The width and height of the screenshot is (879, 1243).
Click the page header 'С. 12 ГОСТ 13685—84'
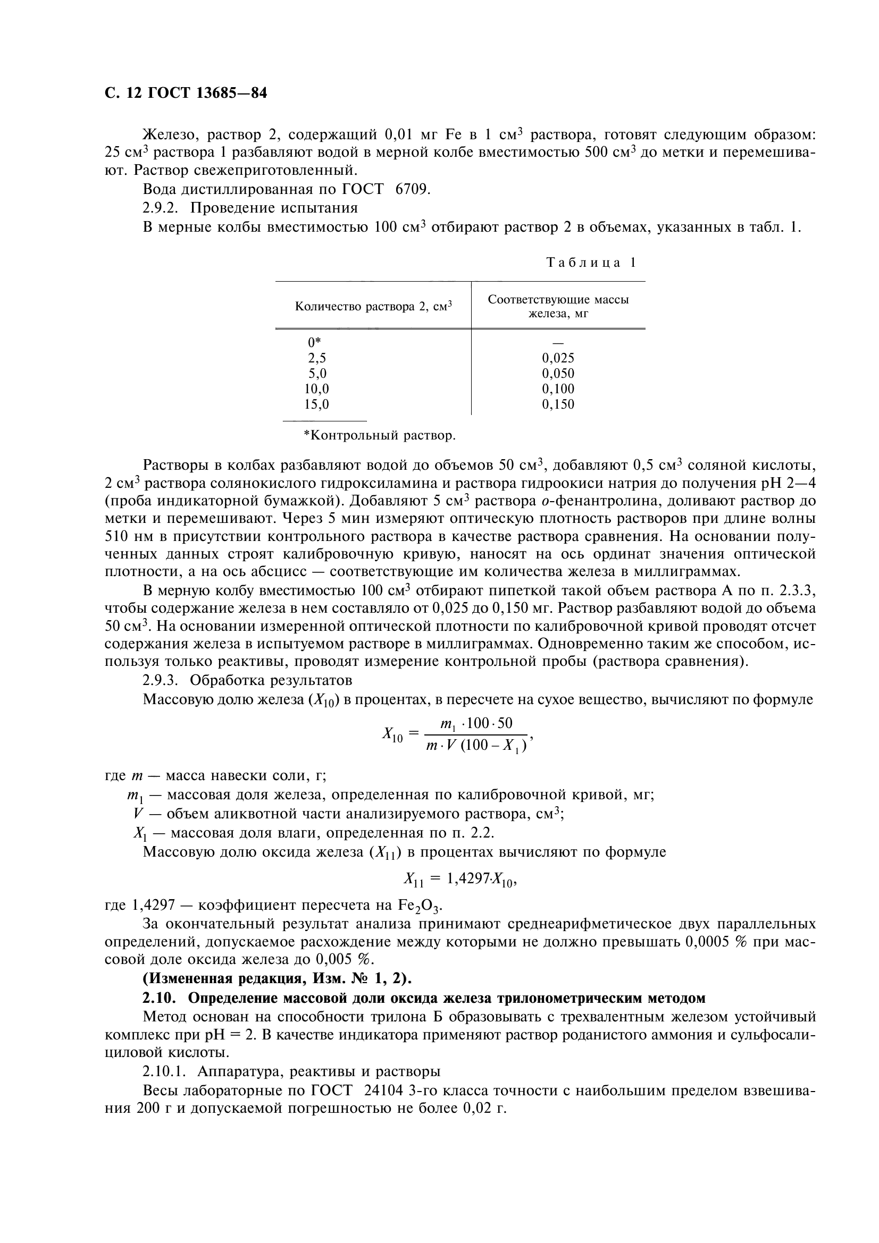[x=185, y=94]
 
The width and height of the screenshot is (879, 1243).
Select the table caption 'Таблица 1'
[x=591, y=263]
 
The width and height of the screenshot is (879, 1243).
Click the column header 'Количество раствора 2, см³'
[x=373, y=307]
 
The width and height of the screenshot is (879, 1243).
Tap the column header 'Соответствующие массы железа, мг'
[x=558, y=307]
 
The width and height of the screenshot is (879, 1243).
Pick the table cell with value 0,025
[x=558, y=358]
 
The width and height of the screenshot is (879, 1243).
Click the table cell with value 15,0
[x=316, y=404]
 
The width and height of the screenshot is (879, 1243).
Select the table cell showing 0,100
[x=558, y=388]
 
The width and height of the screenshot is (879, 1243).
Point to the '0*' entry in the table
[x=314, y=342]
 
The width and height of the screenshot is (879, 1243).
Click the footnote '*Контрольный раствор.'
[x=379, y=435]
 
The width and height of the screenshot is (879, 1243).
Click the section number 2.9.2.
[x=161, y=208]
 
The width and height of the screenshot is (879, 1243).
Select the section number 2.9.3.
[x=161, y=680]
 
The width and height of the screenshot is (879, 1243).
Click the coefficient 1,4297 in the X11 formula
[x=468, y=879]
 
